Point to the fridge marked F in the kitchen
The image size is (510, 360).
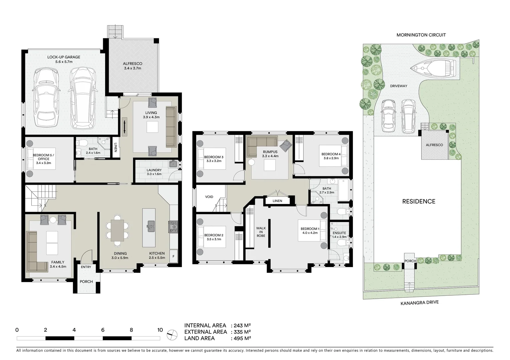[173, 256]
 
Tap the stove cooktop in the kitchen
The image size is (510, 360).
[173, 227]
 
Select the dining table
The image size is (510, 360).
[117, 230]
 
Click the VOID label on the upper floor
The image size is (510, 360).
[209, 197]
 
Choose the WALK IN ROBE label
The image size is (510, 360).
[261, 232]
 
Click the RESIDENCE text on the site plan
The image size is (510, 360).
[419, 201]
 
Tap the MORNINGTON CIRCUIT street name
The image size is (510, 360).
[421, 35]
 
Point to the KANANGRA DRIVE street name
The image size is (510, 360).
[419, 303]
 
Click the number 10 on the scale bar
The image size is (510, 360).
[160, 330]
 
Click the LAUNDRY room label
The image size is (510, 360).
[154, 170]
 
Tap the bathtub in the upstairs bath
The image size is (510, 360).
[343, 190]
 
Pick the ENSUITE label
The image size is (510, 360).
[339, 233]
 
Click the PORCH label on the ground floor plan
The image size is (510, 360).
[86, 282]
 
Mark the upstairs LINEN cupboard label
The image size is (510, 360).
[277, 201]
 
